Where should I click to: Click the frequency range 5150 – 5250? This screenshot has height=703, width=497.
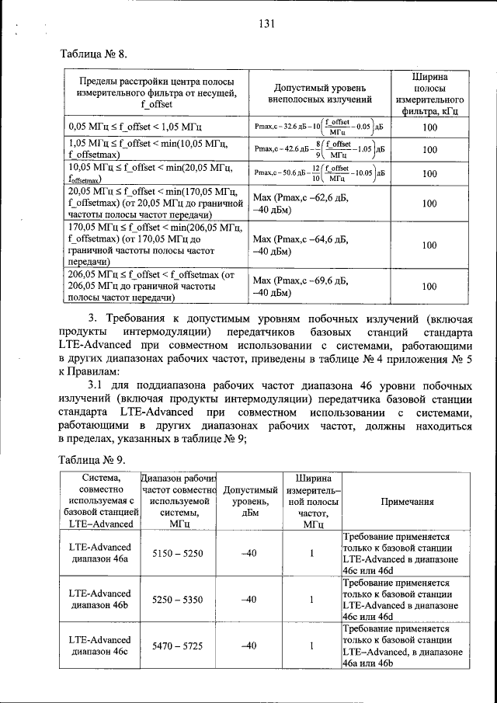179,553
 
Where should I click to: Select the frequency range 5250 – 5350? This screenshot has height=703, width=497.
179,599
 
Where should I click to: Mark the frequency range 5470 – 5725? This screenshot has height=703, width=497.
179,645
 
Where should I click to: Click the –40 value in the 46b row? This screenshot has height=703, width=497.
248,599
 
